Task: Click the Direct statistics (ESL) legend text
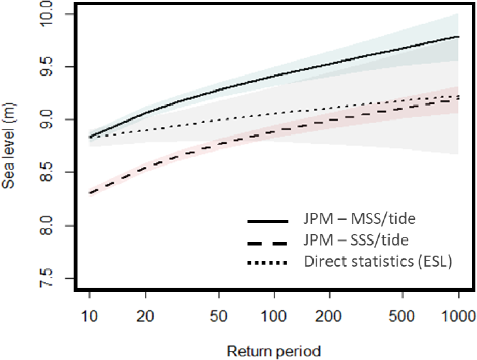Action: [x=378, y=262]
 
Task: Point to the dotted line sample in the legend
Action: [x=267, y=263]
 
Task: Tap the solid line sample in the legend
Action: [x=267, y=221]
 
